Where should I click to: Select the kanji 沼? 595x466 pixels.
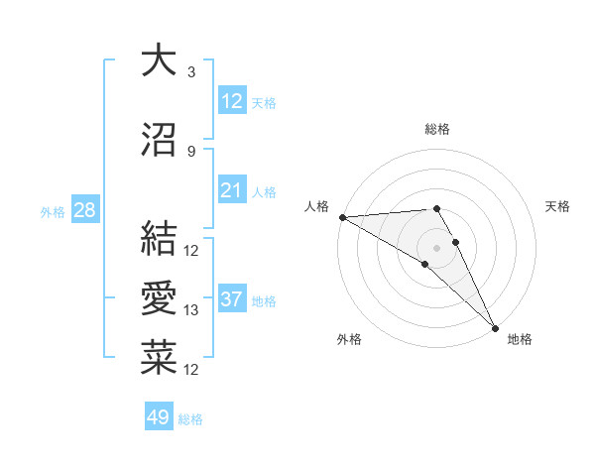point(159,141)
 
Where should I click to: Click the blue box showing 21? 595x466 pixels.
point(231,190)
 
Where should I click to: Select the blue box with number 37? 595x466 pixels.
point(231,299)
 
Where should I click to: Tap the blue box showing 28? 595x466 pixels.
point(84,210)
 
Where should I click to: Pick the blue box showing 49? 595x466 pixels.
point(159,417)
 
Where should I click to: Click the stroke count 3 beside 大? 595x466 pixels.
point(191,73)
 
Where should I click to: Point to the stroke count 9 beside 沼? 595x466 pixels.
point(191,152)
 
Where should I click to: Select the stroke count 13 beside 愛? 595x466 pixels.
point(192,310)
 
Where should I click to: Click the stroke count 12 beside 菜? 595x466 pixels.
point(192,370)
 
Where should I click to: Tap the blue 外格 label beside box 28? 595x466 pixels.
point(52,211)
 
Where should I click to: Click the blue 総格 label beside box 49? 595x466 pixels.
point(190,419)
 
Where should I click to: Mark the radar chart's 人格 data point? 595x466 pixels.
point(342,217)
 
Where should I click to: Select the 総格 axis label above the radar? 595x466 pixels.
point(436,129)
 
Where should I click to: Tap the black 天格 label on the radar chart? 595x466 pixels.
point(557,206)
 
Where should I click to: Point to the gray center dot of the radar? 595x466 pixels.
point(436,246)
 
